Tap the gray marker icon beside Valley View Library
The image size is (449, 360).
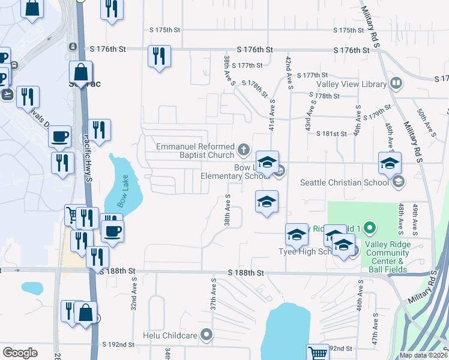(396, 83)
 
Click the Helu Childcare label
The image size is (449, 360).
(170, 335)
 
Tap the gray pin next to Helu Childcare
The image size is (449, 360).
(207, 334)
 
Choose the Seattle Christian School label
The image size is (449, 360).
(343, 182)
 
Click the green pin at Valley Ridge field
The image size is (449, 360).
(370, 227)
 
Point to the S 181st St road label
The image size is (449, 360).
(333, 134)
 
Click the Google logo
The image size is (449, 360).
(20, 352)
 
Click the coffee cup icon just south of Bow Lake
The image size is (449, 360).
(112, 231)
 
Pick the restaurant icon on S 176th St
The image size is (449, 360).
(159, 56)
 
